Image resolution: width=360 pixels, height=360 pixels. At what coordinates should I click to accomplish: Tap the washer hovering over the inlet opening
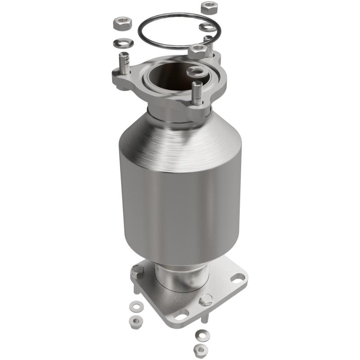pos(197,71)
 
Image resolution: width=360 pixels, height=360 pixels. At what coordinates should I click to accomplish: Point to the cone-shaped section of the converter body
pos(180,135)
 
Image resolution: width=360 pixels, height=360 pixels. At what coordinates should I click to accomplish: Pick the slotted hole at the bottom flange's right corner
pos(237,278)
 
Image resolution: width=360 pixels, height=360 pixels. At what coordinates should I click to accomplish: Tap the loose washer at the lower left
pos(134,307)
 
